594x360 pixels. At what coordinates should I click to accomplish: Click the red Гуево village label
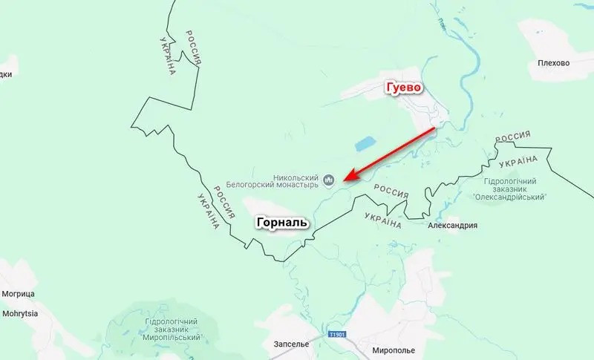pos(403,88)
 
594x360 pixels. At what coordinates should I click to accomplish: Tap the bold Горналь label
pos(281,222)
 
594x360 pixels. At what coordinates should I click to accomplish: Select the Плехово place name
pos(553,63)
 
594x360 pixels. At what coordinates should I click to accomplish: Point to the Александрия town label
pos(452,226)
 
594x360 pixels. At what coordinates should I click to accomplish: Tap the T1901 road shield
pos(337,336)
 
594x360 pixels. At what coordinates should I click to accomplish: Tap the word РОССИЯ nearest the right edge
pos(512,137)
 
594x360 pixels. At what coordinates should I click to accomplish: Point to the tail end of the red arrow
pos(434,128)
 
